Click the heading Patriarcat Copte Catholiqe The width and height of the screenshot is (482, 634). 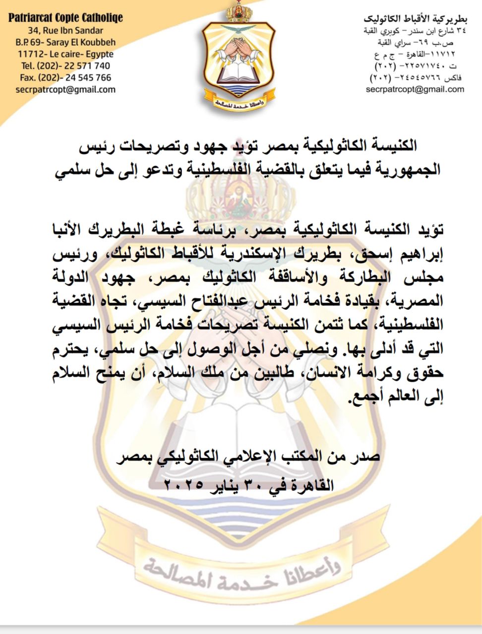point(65,18)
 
